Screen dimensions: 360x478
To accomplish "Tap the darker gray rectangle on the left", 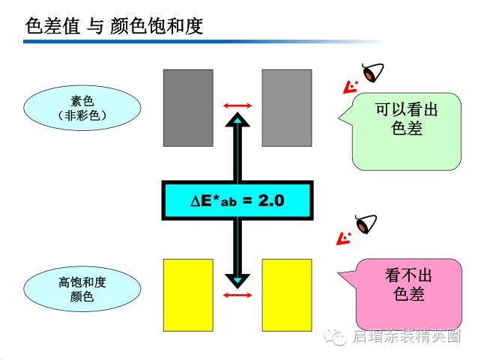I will click(188, 107).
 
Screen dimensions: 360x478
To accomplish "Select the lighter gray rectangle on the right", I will click(286, 107).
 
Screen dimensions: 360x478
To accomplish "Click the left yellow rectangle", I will click(188, 294).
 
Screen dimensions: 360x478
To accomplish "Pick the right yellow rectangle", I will click(286, 294).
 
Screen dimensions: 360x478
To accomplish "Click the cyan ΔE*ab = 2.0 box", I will click(238, 200).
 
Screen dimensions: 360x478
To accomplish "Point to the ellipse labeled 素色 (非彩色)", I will click(82, 107).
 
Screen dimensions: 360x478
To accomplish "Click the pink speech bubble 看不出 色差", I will click(408, 285).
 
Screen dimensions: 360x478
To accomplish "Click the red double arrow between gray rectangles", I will click(238, 106).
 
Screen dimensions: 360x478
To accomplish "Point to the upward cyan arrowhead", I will click(238, 120).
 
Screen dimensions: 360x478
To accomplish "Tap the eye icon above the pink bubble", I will click(366, 224).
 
